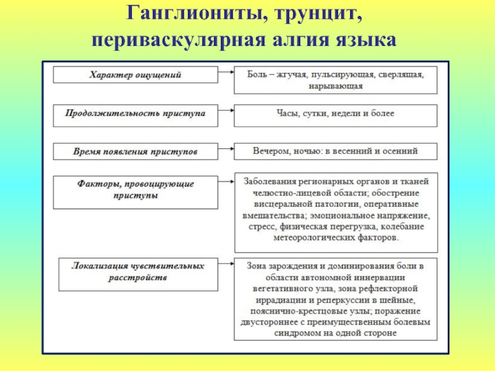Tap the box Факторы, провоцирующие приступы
(x=136, y=191)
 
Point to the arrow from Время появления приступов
(x=226, y=150)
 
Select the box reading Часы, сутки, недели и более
(x=335, y=114)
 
